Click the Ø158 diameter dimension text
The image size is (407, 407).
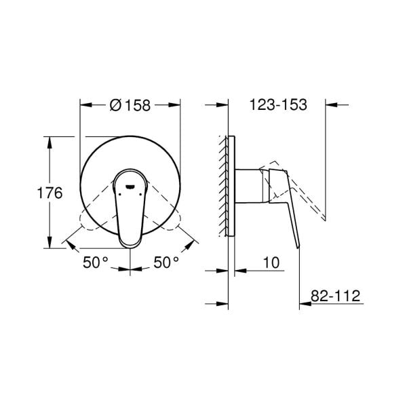point(130,105)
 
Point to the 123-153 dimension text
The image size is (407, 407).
point(279,105)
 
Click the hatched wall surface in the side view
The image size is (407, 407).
point(223,185)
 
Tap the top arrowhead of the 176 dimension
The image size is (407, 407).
point(50,140)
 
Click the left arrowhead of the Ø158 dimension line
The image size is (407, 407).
point(84,105)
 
